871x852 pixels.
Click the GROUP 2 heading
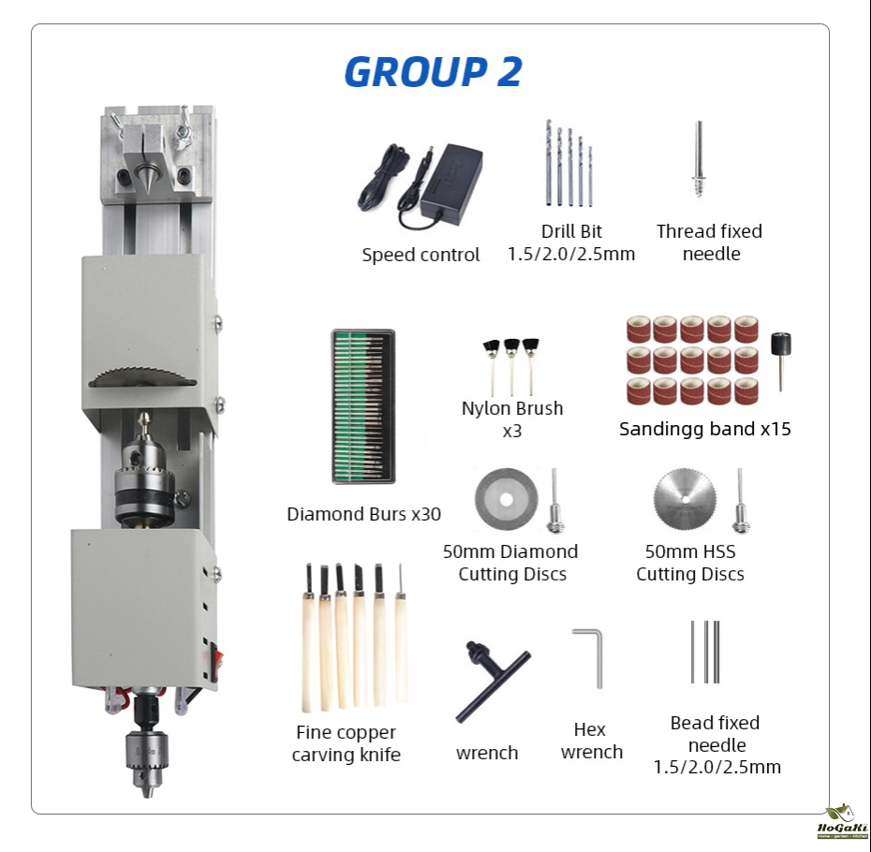pyautogui.click(x=433, y=71)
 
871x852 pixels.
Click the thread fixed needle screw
pyautogui.click(x=699, y=159)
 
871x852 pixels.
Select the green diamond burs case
pyautogui.click(x=363, y=406)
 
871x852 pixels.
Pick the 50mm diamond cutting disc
pyautogui.click(x=506, y=499)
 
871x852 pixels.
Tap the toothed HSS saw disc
pyautogui.click(x=685, y=499)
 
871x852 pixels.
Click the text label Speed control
pyautogui.click(x=421, y=255)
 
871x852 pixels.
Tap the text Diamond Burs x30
pyautogui.click(x=363, y=514)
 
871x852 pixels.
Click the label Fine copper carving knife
pyautogui.click(x=347, y=743)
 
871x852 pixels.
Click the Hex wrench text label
pyautogui.click(x=592, y=741)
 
